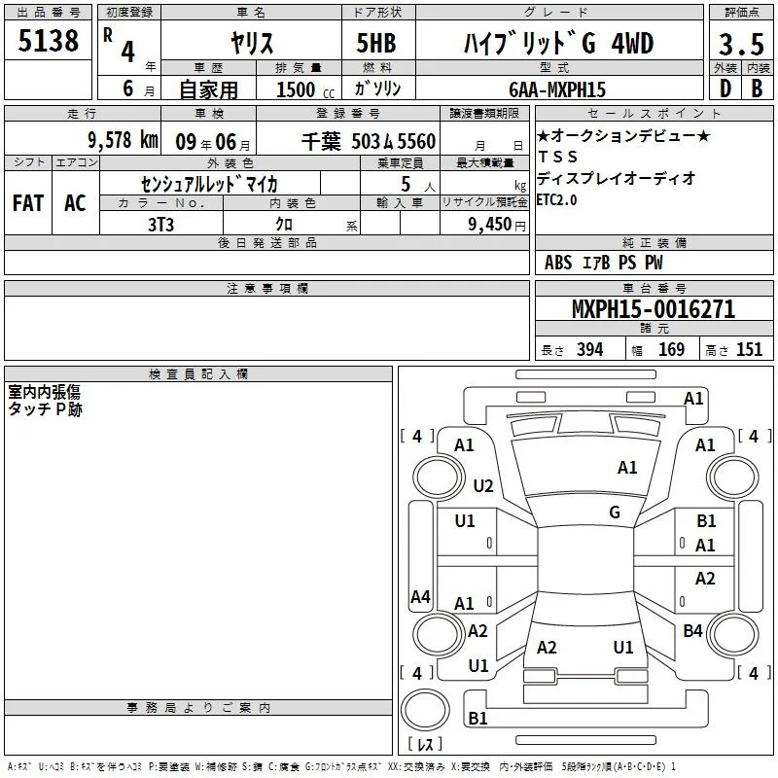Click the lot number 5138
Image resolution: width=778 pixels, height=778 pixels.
(x=48, y=41)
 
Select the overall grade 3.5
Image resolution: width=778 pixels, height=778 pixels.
(x=741, y=44)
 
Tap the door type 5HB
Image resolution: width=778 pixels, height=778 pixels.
(x=376, y=43)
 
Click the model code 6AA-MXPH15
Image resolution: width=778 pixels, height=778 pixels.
(x=557, y=89)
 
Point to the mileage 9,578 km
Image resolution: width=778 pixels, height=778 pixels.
(x=124, y=140)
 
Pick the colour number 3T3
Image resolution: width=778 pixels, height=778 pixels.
(x=160, y=225)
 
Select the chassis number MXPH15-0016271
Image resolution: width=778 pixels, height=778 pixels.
(x=654, y=309)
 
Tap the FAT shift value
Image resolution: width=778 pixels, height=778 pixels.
(x=28, y=203)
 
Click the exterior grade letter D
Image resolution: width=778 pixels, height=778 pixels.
(x=725, y=88)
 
